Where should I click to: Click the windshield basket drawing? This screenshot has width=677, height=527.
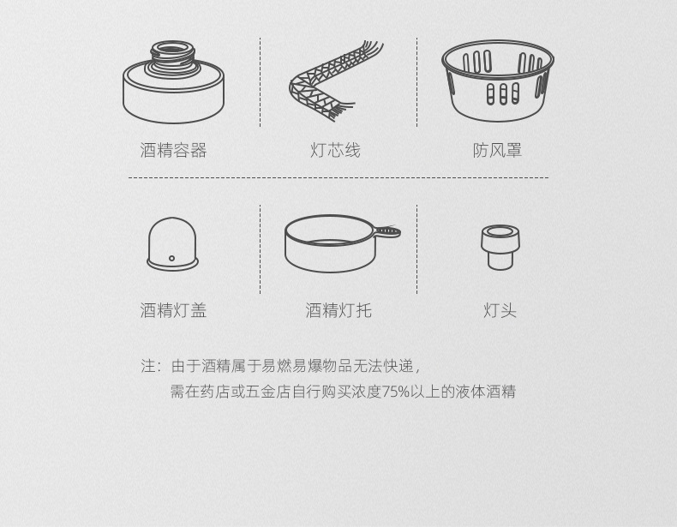(x=497, y=81)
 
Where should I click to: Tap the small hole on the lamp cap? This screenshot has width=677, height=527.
(x=172, y=258)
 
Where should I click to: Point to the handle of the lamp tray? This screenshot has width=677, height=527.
(x=387, y=231)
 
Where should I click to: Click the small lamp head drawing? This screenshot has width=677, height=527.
(x=500, y=247)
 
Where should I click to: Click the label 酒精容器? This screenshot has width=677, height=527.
(x=173, y=151)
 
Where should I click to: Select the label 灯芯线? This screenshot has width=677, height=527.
(x=335, y=151)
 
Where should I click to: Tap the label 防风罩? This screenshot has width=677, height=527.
(x=497, y=151)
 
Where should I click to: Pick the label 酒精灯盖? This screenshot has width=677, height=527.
(x=173, y=311)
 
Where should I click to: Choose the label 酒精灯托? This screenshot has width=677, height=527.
(x=338, y=311)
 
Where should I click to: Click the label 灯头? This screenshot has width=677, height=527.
(x=500, y=311)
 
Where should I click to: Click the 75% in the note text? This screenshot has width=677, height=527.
(x=396, y=392)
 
